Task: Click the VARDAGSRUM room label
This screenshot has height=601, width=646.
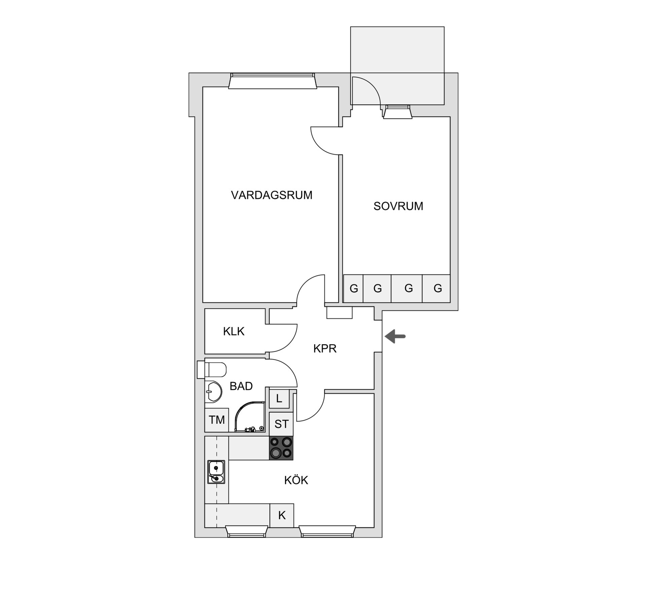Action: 272,195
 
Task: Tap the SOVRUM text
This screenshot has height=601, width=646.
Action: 398,206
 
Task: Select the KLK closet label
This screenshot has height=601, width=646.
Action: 234,332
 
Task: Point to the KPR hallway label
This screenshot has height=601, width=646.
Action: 325,349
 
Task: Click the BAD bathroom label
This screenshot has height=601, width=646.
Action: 241,386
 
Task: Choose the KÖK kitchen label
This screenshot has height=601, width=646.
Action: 296,480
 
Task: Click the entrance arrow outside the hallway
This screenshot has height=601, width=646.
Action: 395,336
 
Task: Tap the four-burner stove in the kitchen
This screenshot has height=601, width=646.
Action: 281,448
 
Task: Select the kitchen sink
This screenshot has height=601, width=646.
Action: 216,472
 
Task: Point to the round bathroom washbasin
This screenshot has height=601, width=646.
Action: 213,391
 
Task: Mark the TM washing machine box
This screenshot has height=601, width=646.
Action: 217,420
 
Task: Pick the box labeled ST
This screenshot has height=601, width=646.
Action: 281,424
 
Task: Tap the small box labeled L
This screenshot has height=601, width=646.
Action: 279,399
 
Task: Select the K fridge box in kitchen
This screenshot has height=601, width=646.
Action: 282,515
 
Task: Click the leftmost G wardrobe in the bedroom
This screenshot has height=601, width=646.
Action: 353,289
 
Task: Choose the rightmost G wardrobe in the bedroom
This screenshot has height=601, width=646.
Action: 437,289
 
